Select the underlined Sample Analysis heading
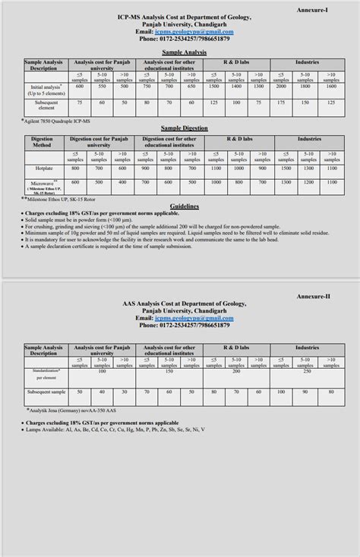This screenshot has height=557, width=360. [x=179, y=51]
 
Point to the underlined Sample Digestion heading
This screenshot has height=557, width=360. [x=179, y=129]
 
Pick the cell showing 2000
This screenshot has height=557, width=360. [x=281, y=87]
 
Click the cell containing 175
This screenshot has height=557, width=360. [x=281, y=102]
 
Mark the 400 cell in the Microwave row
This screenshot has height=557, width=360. [x=123, y=182]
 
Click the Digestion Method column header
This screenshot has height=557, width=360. [x=43, y=143]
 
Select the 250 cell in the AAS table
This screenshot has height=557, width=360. [x=306, y=372]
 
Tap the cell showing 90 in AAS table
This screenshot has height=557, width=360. [x=306, y=392]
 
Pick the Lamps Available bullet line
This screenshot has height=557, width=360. [x=114, y=430]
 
